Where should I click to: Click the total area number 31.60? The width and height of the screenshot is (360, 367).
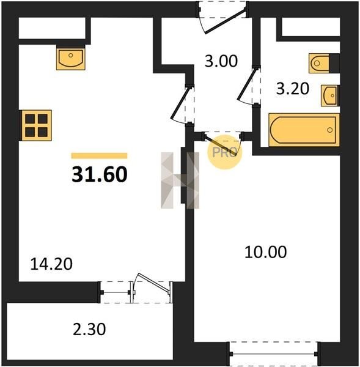pyautogui.click(x=100, y=174)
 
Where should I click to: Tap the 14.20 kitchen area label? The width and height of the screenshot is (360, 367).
pyautogui.click(x=51, y=264)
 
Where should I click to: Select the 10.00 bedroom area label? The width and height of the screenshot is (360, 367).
pyautogui.click(x=265, y=252)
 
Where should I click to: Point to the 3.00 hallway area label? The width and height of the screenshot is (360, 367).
pyautogui.click(x=221, y=61)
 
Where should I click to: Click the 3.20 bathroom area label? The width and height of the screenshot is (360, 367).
pyautogui.click(x=293, y=89)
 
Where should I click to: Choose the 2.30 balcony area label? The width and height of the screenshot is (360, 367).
pyautogui.click(x=89, y=329)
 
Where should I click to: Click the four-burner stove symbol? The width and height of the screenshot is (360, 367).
pyautogui.click(x=36, y=125)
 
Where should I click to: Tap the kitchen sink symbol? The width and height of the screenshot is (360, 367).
pyautogui.click(x=71, y=57)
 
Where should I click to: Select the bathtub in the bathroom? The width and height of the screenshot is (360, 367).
pyautogui.click(x=304, y=130)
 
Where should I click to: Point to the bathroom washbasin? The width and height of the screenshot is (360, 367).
pyautogui.click(x=330, y=95)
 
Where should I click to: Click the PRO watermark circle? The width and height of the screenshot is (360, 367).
pyautogui.click(x=224, y=152)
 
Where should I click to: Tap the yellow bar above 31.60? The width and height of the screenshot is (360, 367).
pyautogui.click(x=100, y=155)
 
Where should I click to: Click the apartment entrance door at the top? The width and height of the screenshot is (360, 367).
pyautogui.click(x=224, y=21)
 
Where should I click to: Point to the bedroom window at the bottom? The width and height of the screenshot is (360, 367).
pyautogui.click(x=274, y=354)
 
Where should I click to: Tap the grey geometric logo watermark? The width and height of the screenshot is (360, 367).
pyautogui.click(x=180, y=180)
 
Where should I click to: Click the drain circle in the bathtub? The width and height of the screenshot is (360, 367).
pyautogui.click(x=330, y=130)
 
